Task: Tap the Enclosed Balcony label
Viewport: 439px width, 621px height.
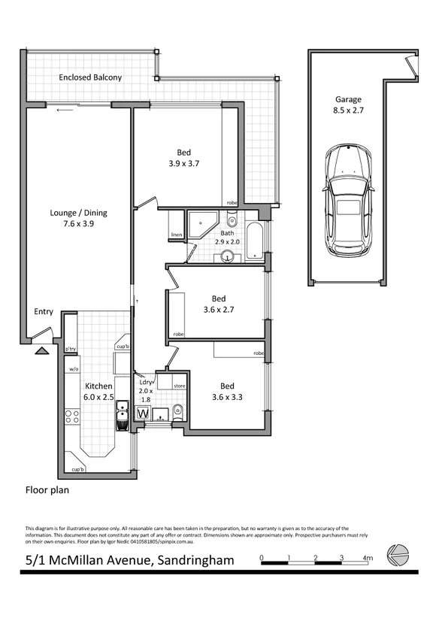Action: pos(90,77)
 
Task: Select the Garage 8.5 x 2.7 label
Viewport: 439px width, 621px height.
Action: pos(348,105)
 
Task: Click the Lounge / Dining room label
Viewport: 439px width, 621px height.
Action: pos(68,217)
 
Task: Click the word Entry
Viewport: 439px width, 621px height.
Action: pos(44,312)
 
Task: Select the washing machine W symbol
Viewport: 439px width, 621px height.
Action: pos(143,412)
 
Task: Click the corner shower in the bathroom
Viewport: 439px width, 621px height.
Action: pos(201,223)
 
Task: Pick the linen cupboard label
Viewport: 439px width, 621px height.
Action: pos(177,235)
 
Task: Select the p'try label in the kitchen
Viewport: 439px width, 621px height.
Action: pos(71,349)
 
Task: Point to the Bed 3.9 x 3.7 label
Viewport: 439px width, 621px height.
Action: pos(183,156)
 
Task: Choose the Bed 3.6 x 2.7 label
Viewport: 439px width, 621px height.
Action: pos(219,303)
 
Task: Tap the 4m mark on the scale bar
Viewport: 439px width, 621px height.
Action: pos(368,559)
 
